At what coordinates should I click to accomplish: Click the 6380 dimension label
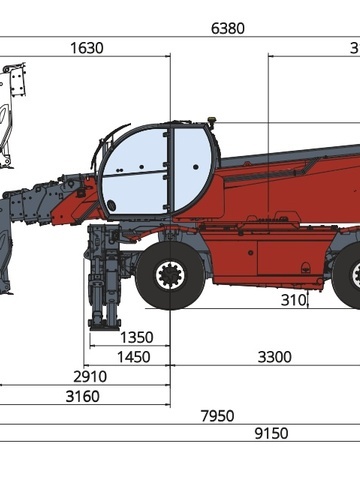228,28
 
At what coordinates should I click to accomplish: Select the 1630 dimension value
87,48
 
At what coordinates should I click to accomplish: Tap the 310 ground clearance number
293,300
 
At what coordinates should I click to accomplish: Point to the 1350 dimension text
136,337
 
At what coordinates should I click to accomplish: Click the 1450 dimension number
134,357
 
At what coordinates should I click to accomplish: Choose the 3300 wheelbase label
275,357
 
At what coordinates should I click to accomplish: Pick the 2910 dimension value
90,377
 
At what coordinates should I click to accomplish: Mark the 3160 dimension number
83,396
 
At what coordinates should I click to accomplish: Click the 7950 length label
218,416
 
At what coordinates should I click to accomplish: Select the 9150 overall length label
271,433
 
